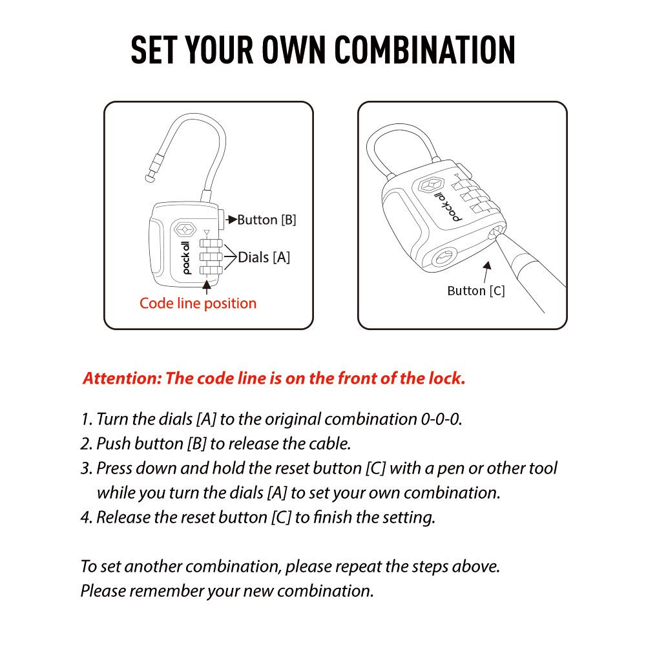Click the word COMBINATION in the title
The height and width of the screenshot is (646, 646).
(x=426, y=50)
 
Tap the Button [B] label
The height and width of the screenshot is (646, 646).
(x=267, y=220)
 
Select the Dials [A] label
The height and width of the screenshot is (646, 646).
(x=264, y=257)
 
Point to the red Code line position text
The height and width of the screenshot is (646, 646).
(x=198, y=303)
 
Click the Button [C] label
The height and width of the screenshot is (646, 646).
(x=475, y=291)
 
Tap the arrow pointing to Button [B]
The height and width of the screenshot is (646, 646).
(x=231, y=220)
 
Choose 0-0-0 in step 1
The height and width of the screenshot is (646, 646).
(x=441, y=419)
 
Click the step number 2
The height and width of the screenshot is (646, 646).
(x=86, y=444)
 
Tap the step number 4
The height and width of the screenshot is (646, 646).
(x=86, y=517)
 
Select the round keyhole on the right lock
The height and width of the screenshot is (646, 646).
(x=444, y=256)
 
